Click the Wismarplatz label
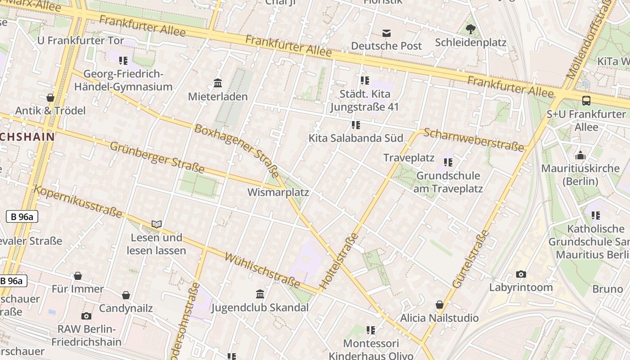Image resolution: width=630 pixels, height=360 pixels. tap(278, 193)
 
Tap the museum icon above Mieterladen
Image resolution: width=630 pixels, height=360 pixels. tap(218, 83)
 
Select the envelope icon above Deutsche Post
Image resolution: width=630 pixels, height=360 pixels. tap(386, 33)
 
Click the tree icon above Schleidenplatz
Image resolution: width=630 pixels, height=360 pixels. tap(471, 30)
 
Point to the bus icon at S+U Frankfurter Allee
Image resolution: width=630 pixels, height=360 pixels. tap(586, 101)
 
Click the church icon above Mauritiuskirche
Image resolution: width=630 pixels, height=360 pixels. tap(580, 156)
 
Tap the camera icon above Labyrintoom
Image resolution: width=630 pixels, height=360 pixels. tap(521, 274)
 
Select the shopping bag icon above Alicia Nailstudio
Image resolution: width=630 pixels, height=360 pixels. tap(439, 305)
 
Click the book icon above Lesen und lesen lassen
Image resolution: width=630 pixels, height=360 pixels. tap(156, 224)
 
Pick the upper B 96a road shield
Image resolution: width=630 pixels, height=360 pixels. tap(22, 217)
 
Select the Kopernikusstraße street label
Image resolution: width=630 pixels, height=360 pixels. tap(78, 201)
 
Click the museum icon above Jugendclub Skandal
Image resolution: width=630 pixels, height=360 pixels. tap(260, 294)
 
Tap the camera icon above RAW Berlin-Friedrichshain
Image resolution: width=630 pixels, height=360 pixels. tap(86, 316)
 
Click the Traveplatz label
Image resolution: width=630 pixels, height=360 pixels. tap(409, 158)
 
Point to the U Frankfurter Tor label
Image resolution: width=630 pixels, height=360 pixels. tap(81, 40)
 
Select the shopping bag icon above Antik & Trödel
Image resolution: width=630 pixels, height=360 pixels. tap(50, 98)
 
